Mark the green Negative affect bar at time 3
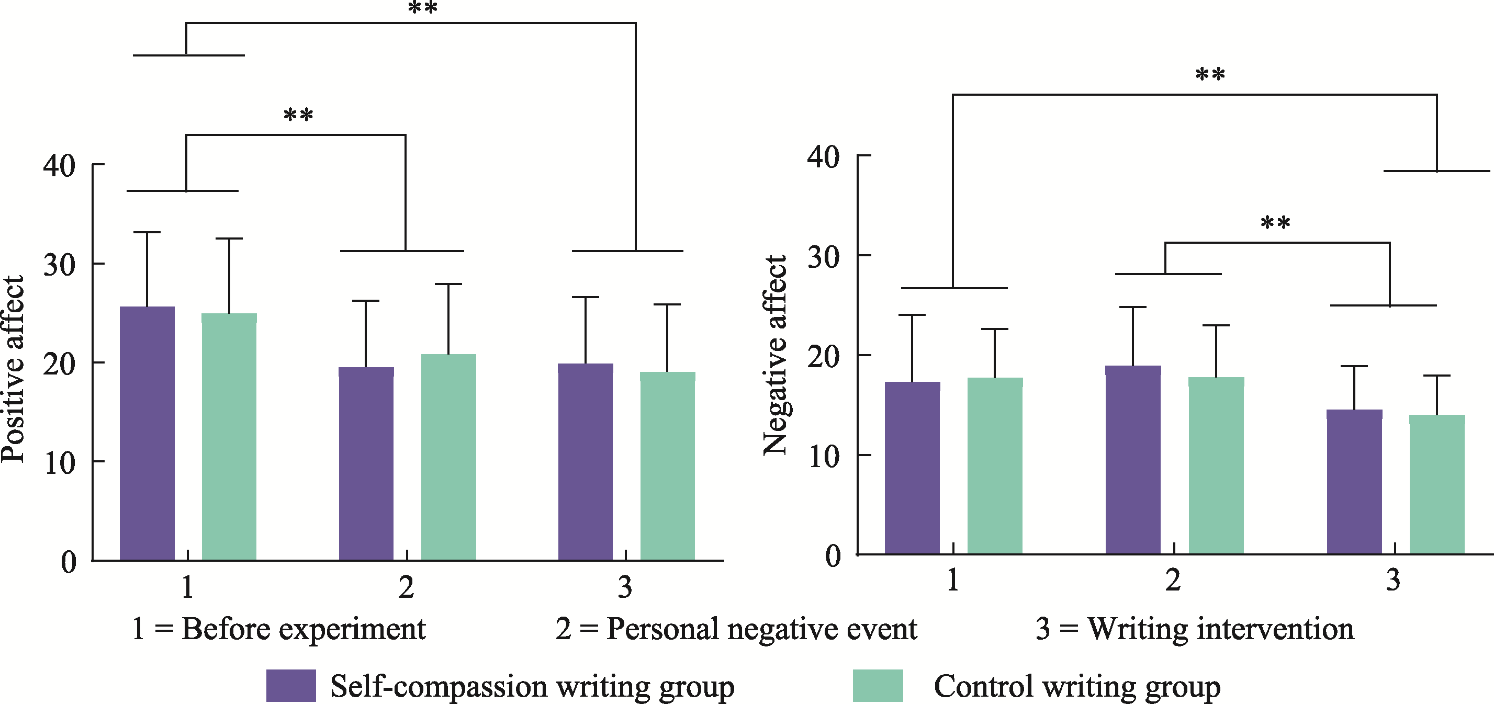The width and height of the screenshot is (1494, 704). pos(1436,484)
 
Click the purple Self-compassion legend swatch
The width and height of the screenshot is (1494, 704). pos(290,686)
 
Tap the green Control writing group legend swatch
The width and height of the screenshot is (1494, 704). pos(878,686)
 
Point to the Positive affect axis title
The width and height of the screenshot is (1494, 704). pos(13,369)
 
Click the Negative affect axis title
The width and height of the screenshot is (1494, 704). pos(775,355)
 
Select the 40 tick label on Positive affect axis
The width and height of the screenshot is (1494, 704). pos(59,166)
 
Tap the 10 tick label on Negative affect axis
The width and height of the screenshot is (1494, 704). pos(823,457)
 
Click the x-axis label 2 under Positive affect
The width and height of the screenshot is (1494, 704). pos(406,587)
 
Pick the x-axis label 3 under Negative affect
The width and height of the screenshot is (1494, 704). pos(1393,580)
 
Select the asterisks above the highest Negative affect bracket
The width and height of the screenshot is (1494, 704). pos(1210,74)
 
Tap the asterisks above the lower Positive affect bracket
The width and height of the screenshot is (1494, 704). pos(298,115)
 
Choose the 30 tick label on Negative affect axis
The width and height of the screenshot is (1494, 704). pos(823,257)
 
